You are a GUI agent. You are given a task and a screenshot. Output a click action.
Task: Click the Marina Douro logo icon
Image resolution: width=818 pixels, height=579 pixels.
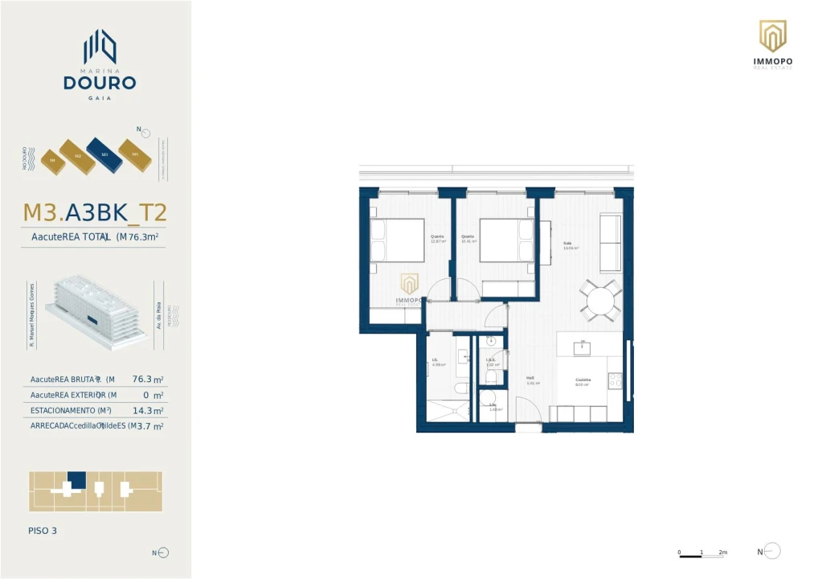point(100,47)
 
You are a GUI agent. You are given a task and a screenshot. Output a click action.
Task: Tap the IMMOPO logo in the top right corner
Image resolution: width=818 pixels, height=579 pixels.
point(772,36)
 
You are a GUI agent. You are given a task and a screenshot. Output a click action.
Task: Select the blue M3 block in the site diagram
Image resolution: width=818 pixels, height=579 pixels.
point(104,154)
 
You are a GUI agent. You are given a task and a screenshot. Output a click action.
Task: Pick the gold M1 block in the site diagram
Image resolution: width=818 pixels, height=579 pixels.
point(135,154)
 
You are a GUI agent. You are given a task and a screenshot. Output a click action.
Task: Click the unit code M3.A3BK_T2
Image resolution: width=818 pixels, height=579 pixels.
point(95,212)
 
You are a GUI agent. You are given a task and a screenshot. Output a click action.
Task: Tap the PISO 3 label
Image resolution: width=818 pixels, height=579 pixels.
point(43,531)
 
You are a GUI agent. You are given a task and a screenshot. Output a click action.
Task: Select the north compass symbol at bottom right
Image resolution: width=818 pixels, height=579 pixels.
point(771,552)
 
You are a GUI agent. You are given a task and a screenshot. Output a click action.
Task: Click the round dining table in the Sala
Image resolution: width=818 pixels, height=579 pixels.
point(601,302)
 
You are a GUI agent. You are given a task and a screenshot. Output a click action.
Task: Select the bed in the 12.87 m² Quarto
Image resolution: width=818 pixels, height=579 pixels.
point(398,240)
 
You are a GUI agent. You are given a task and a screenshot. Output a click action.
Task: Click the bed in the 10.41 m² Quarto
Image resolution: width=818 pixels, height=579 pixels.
point(506,240)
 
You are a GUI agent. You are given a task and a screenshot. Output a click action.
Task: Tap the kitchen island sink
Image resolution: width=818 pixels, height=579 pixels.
point(582,348)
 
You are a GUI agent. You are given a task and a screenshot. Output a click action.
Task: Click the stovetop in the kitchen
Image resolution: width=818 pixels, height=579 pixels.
point(615,380)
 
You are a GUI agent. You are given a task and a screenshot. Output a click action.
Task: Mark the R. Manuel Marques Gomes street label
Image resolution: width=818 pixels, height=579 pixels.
point(32,314)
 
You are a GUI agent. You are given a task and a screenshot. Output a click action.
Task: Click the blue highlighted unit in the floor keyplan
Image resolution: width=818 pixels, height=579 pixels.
point(76,479)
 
